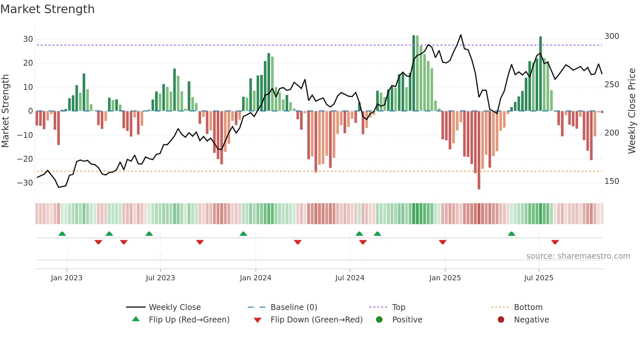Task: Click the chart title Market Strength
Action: click(x=47, y=9)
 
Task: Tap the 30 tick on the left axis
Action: click(x=28, y=39)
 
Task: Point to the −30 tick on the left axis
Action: click(x=25, y=183)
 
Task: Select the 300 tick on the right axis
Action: click(x=612, y=36)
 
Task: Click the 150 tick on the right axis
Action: click(x=612, y=181)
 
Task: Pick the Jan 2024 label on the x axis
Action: click(x=255, y=278)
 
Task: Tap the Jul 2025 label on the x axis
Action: click(x=538, y=278)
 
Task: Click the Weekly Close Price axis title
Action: click(x=632, y=111)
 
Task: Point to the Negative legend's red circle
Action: click(x=501, y=320)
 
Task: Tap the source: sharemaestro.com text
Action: click(x=578, y=256)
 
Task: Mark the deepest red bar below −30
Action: click(x=479, y=150)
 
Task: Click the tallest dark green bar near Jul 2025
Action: click(x=540, y=74)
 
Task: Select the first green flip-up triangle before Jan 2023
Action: click(x=62, y=234)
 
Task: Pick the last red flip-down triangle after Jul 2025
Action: click(x=555, y=242)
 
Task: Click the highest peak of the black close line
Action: click(x=461, y=35)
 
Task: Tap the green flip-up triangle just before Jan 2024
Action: click(x=243, y=234)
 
